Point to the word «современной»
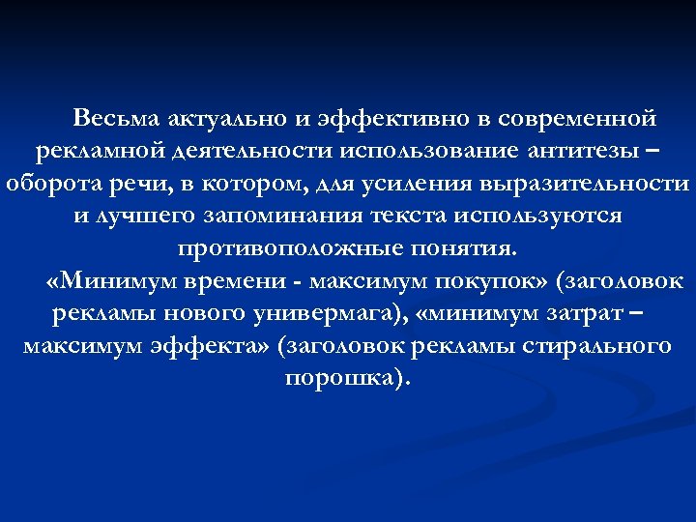pos(569,119)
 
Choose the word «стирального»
pos(600,345)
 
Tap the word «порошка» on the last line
pos(344,377)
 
